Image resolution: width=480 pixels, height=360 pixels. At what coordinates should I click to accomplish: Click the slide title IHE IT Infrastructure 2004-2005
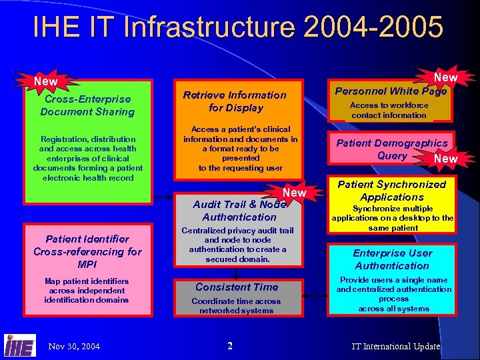pyautogui.click(x=238, y=28)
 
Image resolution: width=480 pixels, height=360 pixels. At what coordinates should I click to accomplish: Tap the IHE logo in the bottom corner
pyautogui.click(x=20, y=345)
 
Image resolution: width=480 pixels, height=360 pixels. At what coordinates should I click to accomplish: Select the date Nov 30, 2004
pyautogui.click(x=74, y=346)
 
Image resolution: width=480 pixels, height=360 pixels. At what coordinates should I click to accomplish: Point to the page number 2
pyautogui.click(x=230, y=345)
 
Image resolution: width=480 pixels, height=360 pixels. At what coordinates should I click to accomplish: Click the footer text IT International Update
pyautogui.click(x=396, y=346)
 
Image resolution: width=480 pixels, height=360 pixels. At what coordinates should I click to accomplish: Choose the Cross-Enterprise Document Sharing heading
pyautogui.click(x=87, y=105)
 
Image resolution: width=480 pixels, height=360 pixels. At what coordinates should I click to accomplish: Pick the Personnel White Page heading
pyautogui.click(x=391, y=91)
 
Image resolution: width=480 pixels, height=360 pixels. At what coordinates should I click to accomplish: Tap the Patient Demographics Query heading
pyautogui.click(x=391, y=149)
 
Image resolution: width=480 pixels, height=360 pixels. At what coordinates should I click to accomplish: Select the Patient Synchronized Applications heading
pyautogui.click(x=392, y=191)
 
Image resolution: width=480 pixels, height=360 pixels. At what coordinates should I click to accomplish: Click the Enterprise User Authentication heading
pyautogui.click(x=392, y=259)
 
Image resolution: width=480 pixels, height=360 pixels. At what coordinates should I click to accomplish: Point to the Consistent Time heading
pyautogui.click(x=237, y=287)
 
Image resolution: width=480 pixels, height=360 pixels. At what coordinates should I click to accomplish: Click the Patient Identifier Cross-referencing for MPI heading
pyautogui.click(x=87, y=251)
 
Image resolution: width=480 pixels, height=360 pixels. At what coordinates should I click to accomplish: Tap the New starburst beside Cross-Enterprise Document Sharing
pyautogui.click(x=45, y=81)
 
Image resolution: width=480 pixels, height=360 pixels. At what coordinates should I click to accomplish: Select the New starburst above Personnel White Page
pyautogui.click(x=445, y=77)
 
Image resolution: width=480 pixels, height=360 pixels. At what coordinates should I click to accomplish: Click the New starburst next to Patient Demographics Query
pyautogui.click(x=445, y=159)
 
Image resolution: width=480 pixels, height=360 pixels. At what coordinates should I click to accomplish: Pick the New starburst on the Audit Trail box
pyautogui.click(x=294, y=193)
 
